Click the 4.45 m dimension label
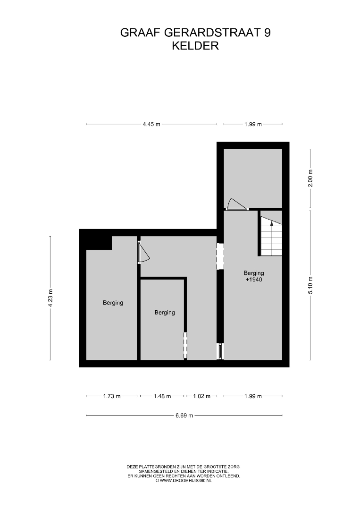point(151,124)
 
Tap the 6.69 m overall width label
point(184,416)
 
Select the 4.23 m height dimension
point(50,298)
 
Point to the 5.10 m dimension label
point(310,285)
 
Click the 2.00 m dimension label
point(310,178)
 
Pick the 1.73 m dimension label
point(112,396)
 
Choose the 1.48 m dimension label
point(162,396)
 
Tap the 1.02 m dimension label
point(202,396)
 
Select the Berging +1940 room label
point(254,276)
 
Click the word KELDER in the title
point(195,46)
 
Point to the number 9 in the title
point(267,33)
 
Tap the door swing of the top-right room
point(235,203)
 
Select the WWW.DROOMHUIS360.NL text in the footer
point(186,481)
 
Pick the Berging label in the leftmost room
point(113,303)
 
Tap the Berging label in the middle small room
point(165,313)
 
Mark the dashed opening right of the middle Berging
point(185,344)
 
